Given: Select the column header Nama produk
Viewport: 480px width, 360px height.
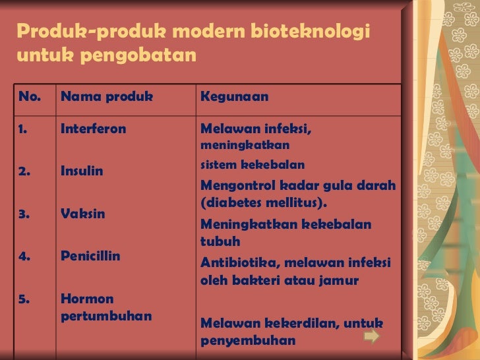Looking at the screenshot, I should [x=107, y=97].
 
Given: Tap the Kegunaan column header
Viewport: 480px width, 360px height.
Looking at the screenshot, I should [x=234, y=97].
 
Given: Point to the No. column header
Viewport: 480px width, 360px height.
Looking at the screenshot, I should [x=30, y=97].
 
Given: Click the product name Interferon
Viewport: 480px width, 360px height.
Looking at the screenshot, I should [x=93, y=129].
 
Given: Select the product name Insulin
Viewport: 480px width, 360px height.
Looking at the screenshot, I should [x=82, y=171].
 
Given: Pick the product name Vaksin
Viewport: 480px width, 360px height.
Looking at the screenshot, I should [x=82, y=214].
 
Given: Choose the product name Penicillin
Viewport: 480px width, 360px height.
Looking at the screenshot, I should [x=90, y=256].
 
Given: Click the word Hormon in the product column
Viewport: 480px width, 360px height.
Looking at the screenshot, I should [x=87, y=299].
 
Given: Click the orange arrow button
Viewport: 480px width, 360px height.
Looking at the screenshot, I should [x=371, y=337].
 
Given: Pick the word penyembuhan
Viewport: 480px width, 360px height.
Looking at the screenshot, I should [x=247, y=341].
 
